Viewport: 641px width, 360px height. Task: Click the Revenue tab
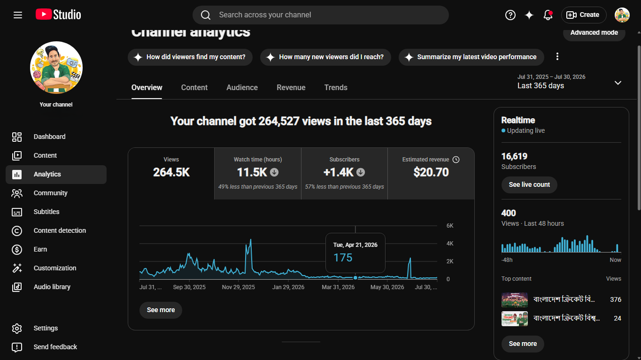pyautogui.click(x=291, y=87)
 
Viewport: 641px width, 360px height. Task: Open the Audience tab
pyautogui.click(x=242, y=87)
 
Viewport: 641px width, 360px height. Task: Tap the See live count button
pyautogui.click(x=529, y=185)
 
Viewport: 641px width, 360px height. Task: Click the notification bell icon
pyautogui.click(x=548, y=15)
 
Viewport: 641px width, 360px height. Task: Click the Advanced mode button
pyautogui.click(x=594, y=32)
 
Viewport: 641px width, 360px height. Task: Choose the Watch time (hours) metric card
pyautogui.click(x=257, y=174)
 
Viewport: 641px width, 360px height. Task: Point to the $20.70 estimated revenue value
pyautogui.click(x=431, y=172)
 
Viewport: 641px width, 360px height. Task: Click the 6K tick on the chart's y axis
pyautogui.click(x=450, y=226)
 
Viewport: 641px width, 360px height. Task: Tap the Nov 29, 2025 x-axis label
pyautogui.click(x=239, y=287)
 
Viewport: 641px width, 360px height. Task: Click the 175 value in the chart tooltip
pyautogui.click(x=343, y=258)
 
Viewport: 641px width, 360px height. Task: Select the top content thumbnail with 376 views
pyautogui.click(x=515, y=299)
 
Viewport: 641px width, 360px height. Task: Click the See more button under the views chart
pyautogui.click(x=161, y=310)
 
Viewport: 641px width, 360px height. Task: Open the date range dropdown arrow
pyautogui.click(x=618, y=83)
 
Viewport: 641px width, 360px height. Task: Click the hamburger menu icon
pyautogui.click(x=18, y=15)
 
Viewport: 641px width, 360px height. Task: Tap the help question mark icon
pyautogui.click(x=510, y=15)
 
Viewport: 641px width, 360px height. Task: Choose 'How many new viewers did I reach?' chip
pyautogui.click(x=325, y=57)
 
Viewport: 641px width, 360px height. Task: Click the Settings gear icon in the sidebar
pyautogui.click(x=17, y=329)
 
